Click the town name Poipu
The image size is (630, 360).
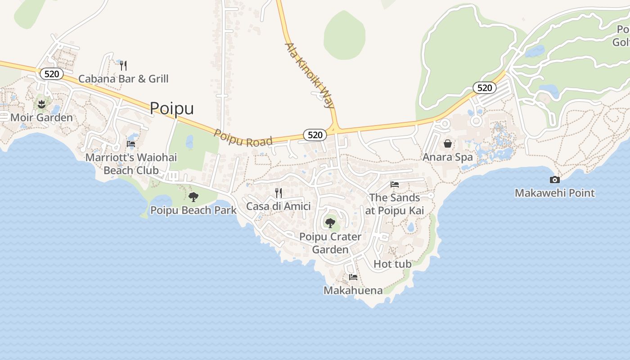coord(171,108)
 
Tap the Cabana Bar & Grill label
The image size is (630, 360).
coord(123,79)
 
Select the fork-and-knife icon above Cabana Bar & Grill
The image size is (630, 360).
coord(123,66)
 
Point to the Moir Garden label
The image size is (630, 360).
coord(41,118)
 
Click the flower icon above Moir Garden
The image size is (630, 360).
coord(42,105)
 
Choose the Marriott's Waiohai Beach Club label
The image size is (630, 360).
coord(131,164)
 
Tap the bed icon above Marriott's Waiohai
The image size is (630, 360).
coord(131,144)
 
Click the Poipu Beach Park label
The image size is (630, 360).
coord(193,210)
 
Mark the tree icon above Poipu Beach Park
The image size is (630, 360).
coord(193,197)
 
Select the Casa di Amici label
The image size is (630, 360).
coord(278,207)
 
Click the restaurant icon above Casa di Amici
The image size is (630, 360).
coord(279,193)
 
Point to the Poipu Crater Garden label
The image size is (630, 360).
coord(330,243)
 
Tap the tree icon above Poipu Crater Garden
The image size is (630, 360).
coord(330,223)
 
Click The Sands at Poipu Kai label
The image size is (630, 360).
coord(395,204)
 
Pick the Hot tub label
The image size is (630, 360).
coord(392,264)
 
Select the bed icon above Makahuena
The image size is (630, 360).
coord(353,277)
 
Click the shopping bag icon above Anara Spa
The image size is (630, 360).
coord(448,144)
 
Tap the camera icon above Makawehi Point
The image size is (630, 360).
coord(555,180)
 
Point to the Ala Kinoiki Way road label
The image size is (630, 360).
coord(310,75)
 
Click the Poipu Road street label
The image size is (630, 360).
coord(243,138)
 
